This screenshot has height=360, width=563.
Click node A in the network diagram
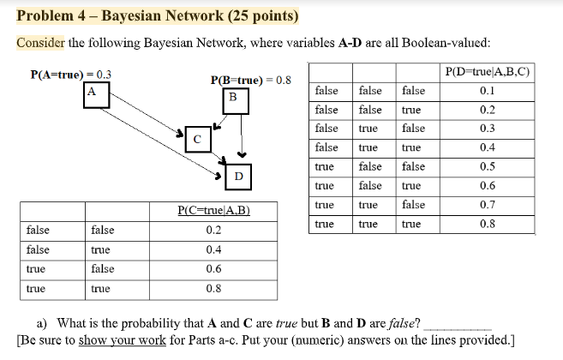click(x=91, y=91)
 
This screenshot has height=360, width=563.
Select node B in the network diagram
click(x=231, y=99)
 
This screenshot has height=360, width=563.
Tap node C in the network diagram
click(x=196, y=136)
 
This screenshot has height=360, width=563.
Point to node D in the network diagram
click(x=238, y=176)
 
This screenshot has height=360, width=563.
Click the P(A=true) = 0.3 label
click(x=71, y=75)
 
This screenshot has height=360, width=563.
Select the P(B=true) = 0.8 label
click(x=250, y=81)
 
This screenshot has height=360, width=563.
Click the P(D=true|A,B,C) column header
click(x=488, y=71)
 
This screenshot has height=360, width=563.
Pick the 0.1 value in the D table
click(x=488, y=90)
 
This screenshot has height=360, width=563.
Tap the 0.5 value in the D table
click(x=488, y=166)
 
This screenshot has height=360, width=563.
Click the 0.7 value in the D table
click(x=488, y=205)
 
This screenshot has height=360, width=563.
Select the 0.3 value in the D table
click(x=488, y=129)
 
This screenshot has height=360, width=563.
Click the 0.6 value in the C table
click(x=213, y=269)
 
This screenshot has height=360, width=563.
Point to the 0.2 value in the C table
click(x=213, y=230)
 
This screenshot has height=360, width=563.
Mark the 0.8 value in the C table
click(x=213, y=289)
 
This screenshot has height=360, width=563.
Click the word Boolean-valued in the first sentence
click(x=450, y=44)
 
